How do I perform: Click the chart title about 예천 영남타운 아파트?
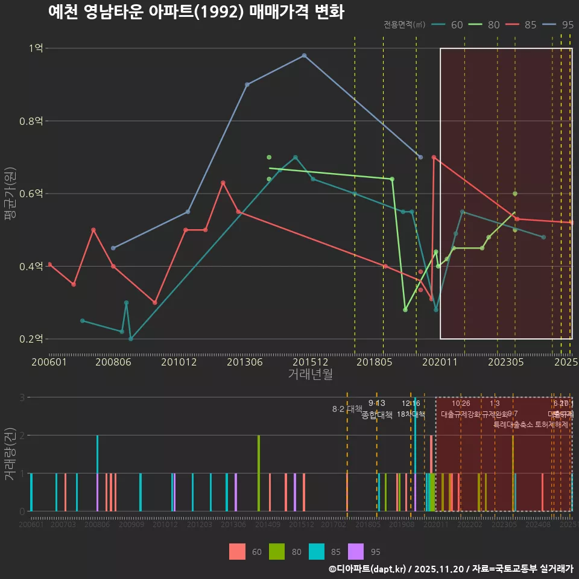[196, 11]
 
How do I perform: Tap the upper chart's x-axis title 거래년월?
[310, 374]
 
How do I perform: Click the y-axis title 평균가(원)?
[10, 194]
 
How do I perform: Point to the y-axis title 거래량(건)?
[10, 454]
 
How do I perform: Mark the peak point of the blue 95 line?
[304, 55]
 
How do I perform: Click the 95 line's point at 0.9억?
[247, 84]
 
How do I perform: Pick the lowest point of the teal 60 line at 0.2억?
[131, 339]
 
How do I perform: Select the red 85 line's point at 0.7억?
[434, 157]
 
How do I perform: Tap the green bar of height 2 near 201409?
[259, 473]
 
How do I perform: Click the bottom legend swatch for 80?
[276, 551]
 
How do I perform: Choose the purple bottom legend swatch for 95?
[356, 551]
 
